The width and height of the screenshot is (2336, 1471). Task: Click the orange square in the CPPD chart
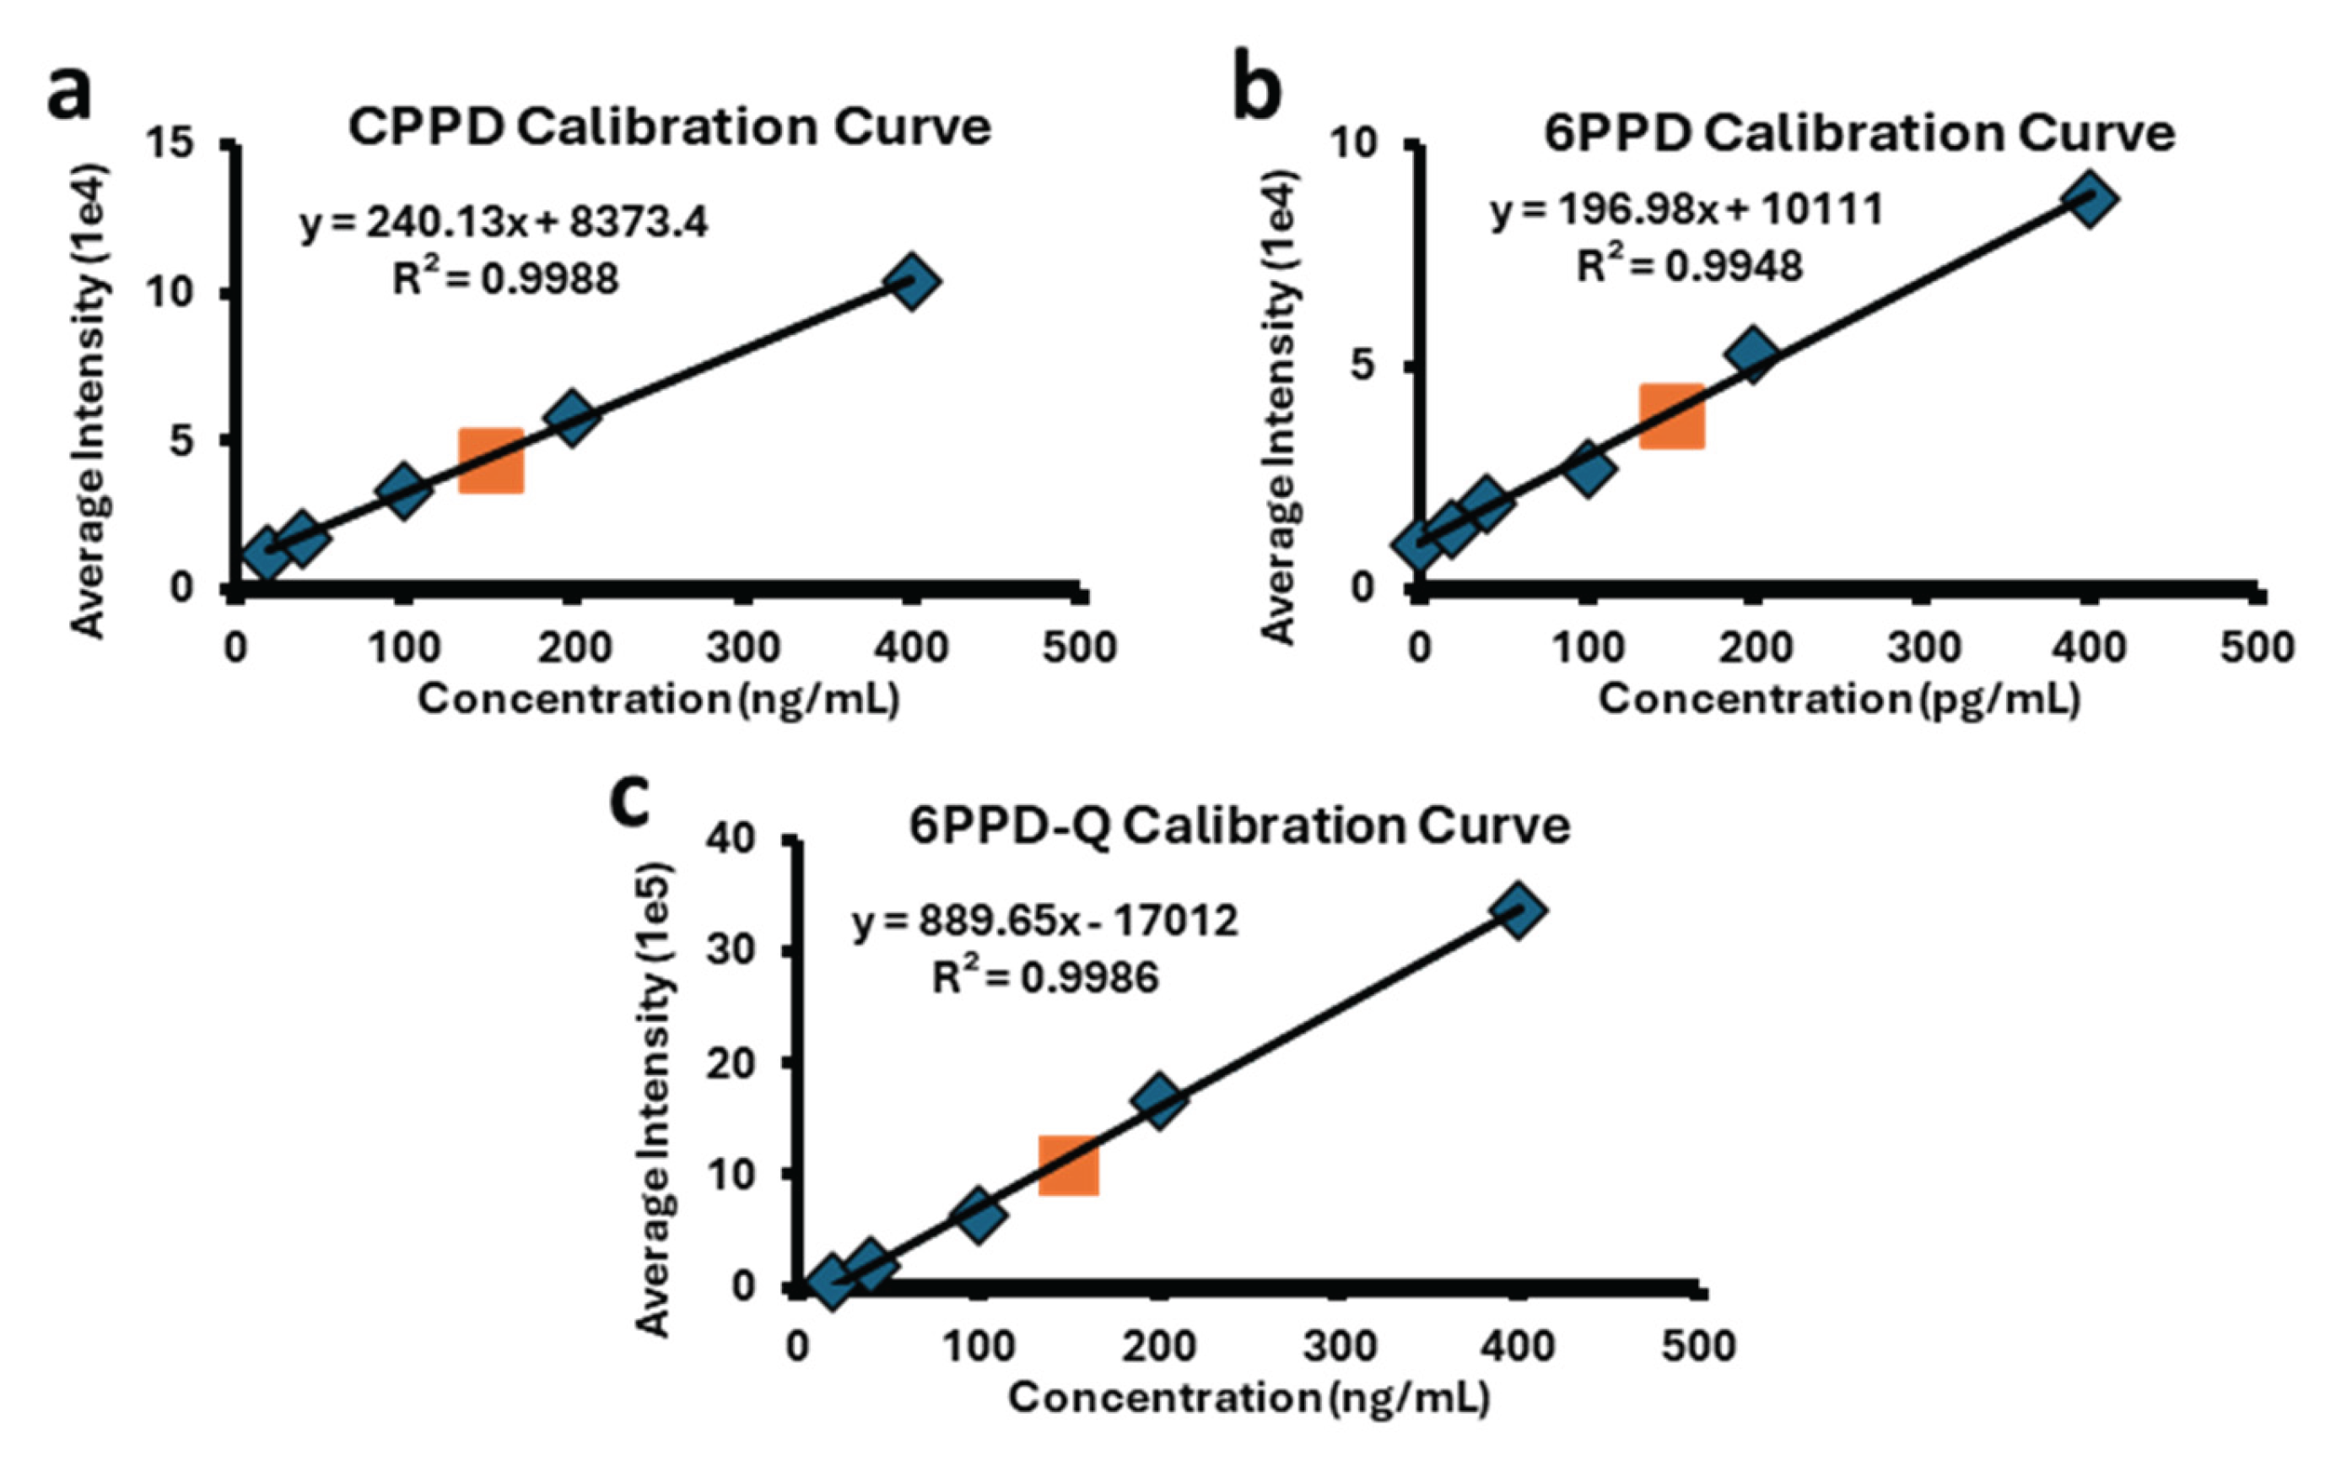click(491, 460)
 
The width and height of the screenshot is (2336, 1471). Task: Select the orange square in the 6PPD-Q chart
click(1068, 1165)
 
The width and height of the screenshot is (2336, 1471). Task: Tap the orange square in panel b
click(1671, 415)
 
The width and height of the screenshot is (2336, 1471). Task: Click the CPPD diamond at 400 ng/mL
click(911, 281)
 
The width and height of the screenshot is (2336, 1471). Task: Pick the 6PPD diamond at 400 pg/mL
click(2089, 199)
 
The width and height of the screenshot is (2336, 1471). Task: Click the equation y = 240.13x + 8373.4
click(504, 223)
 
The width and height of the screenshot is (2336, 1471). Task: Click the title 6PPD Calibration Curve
click(1859, 133)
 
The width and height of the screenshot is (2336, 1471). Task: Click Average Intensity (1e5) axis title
click(655, 1100)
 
